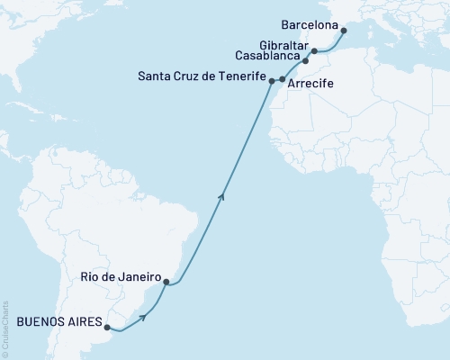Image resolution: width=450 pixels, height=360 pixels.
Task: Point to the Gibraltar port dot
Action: click(314, 51)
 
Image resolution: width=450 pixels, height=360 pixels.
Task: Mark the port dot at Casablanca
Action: click(305, 61)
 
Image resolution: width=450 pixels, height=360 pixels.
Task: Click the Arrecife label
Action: click(314, 93)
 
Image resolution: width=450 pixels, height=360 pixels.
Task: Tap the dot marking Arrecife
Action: click(283, 80)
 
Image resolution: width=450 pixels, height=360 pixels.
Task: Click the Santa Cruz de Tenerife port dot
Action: click(271, 81)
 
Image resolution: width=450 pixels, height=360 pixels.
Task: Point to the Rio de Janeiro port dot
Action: click(166, 282)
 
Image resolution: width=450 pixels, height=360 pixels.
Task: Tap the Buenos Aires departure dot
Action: click(107, 327)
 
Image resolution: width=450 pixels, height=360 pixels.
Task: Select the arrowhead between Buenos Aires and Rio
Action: click(141, 316)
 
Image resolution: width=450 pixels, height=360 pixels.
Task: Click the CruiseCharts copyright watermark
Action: click(5, 328)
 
